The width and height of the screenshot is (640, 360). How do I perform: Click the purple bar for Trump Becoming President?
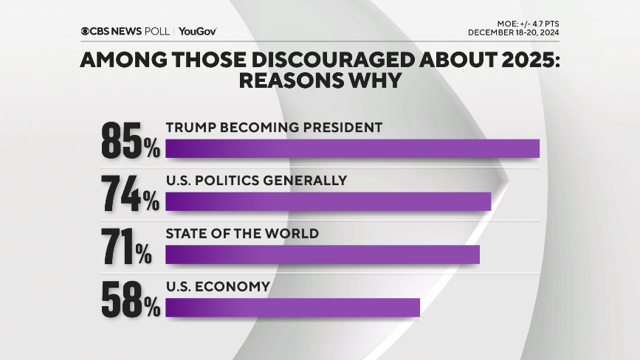tap(352, 148)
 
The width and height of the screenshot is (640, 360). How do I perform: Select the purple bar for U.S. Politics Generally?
tap(328, 201)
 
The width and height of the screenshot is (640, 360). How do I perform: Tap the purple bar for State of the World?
tap(323, 255)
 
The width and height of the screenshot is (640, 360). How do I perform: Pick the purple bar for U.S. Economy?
tap(292, 308)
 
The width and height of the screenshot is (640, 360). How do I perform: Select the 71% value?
tap(127, 246)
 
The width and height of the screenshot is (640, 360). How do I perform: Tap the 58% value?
tap(131, 299)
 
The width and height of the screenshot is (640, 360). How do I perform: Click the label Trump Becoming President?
tap(274, 128)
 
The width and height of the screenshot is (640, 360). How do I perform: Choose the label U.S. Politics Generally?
tap(256, 181)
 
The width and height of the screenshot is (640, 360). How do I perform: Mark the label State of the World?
tap(242, 234)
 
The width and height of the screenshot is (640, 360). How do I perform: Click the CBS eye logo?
tap(86, 31)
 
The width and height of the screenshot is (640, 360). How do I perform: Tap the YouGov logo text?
tap(197, 31)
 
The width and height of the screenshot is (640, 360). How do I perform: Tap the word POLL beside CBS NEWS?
tap(156, 31)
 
